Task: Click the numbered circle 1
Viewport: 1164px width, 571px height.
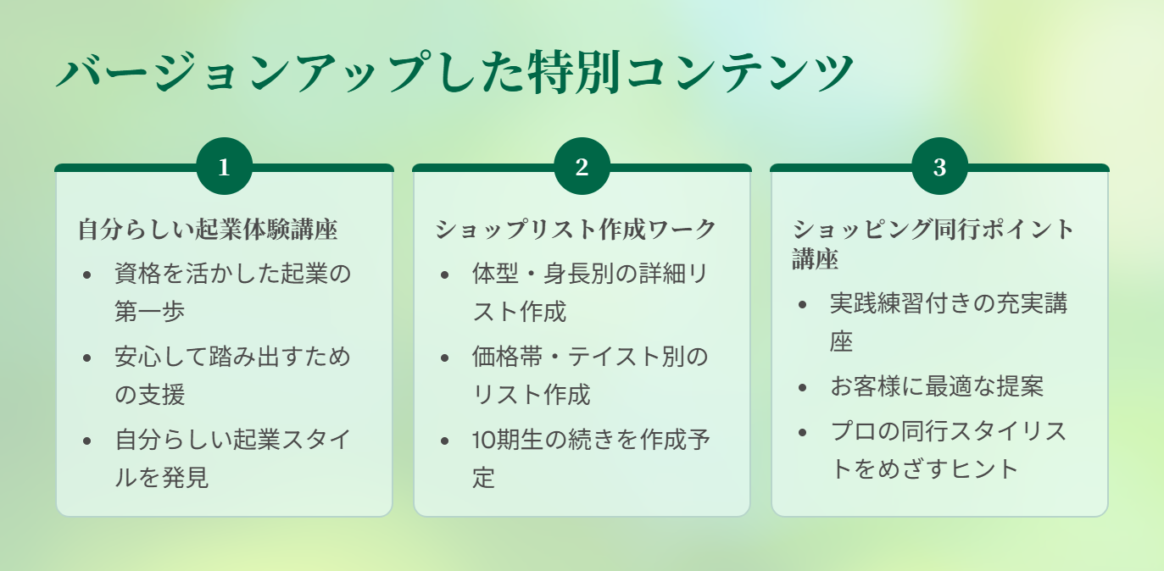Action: [225, 166]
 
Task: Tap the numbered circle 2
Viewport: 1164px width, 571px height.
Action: [582, 166]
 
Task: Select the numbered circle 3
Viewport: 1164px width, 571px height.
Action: [939, 166]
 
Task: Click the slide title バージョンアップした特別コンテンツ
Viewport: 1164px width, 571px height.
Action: [454, 72]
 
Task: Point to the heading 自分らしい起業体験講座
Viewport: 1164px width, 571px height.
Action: [208, 229]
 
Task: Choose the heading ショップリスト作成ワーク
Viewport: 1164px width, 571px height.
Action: [576, 229]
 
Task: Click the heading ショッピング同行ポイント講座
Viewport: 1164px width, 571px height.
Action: [933, 244]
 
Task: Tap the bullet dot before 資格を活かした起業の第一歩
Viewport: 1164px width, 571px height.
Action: [86, 274]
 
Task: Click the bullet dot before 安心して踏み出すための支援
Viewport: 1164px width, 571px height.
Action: [86, 358]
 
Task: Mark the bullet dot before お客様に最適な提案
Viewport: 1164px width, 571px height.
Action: [802, 387]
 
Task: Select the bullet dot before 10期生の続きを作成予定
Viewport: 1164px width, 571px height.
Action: [444, 441]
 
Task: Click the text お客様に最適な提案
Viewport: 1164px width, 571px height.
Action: [937, 386]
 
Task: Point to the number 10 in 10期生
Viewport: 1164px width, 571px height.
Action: [482, 441]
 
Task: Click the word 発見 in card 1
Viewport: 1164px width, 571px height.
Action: [185, 477]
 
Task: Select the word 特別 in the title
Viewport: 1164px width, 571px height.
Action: [574, 72]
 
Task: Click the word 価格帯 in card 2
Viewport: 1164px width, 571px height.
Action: [507, 357]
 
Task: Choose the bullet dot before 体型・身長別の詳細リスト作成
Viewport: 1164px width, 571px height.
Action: [444, 274]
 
